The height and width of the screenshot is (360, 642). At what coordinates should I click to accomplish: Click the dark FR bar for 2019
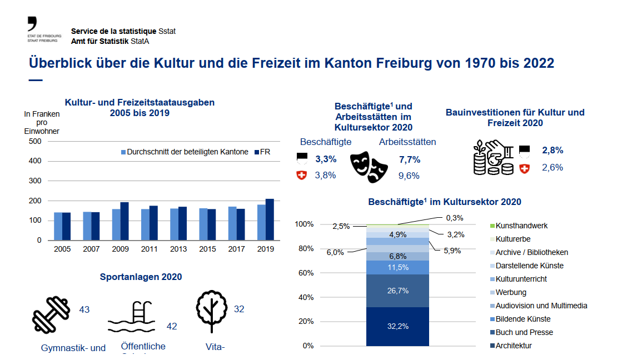[270, 219]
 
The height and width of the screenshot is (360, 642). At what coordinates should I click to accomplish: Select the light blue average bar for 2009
[116, 224]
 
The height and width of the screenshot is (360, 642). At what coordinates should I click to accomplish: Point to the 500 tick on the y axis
[35, 141]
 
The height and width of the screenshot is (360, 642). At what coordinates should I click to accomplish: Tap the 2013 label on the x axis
[179, 249]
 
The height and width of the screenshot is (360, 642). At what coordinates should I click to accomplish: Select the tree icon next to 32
[212, 311]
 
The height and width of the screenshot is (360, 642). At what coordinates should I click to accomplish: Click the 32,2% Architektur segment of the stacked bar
[397, 326]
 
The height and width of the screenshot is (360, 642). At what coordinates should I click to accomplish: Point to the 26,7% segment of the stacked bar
[397, 291]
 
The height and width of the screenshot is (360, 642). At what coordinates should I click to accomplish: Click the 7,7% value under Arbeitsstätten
[410, 159]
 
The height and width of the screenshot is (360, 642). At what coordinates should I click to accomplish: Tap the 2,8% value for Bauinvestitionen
[553, 150]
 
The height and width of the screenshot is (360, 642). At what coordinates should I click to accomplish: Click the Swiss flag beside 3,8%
[302, 176]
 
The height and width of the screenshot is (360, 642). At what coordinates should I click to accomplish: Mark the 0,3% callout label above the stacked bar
[454, 218]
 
